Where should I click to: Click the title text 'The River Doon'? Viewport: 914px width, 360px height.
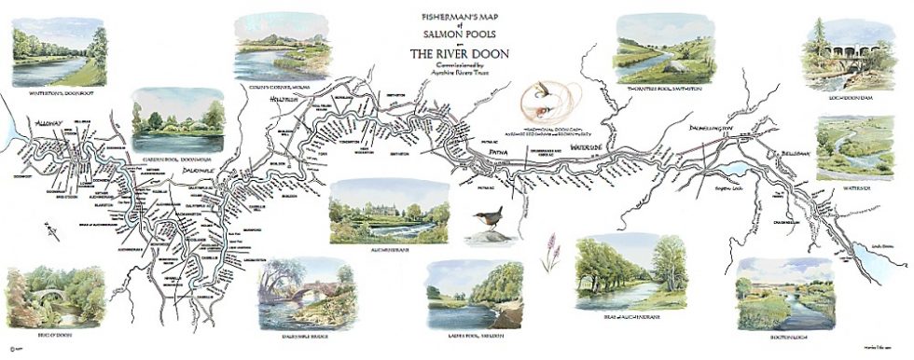click(460, 53)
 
